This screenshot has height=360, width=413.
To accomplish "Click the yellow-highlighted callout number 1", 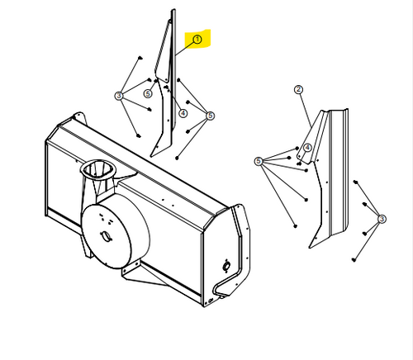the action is (x=197, y=40).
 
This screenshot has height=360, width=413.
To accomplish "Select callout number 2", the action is (x=299, y=89).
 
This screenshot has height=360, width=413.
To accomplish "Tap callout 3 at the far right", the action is (x=382, y=219).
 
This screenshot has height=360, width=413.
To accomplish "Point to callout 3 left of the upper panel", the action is (x=119, y=96).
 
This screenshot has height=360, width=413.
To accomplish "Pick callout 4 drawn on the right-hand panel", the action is (x=307, y=148).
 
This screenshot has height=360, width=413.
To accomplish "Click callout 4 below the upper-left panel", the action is (x=183, y=113).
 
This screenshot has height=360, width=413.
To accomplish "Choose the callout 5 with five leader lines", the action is (x=259, y=161).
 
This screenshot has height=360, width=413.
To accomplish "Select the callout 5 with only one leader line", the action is (x=148, y=93).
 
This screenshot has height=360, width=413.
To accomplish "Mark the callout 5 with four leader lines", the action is (x=211, y=116).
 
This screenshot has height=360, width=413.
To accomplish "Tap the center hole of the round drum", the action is (x=106, y=236).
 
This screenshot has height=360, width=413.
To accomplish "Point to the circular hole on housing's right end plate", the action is (x=226, y=266).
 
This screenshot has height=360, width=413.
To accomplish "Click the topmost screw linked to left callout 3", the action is (x=140, y=58).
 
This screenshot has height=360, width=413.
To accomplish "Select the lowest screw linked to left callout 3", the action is (x=139, y=135).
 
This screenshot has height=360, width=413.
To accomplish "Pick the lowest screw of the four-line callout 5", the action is (x=177, y=158).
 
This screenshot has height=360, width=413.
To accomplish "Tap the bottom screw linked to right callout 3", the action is (x=354, y=259).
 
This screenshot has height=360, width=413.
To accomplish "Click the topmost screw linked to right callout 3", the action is (x=355, y=182).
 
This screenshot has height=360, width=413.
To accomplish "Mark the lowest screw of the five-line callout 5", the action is (x=296, y=226).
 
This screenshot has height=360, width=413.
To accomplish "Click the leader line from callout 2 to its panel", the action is (x=306, y=110).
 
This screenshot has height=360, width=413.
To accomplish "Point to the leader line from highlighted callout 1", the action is (x=185, y=49).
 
